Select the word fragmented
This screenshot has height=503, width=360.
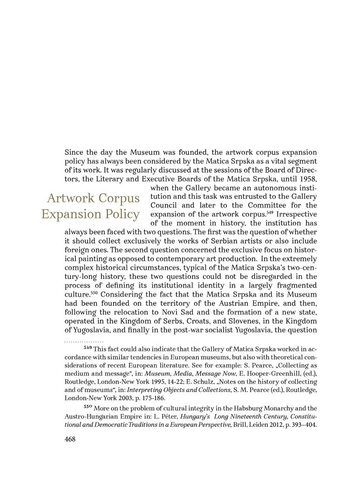coord(296,285)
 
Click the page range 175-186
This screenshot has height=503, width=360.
coord(146,398)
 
